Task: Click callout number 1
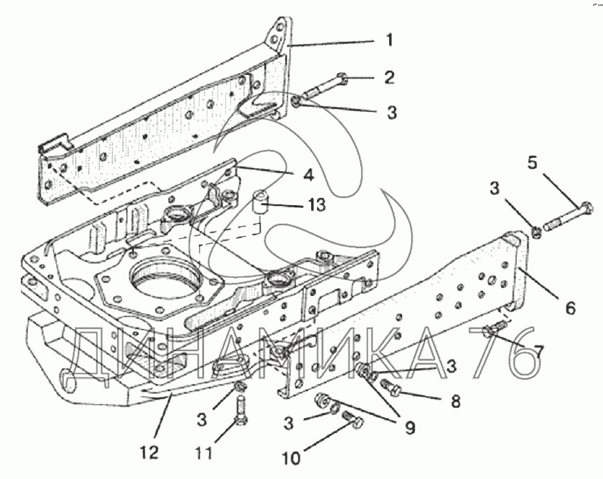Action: tap(390, 40)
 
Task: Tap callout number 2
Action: tap(389, 77)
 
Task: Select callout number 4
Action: tap(309, 174)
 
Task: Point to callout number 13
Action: tap(317, 205)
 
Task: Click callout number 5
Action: tap(532, 162)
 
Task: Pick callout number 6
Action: tap(569, 307)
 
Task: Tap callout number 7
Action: tap(538, 351)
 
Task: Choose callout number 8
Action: tap(455, 401)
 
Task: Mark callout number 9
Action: tap(411, 427)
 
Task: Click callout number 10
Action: tap(291, 458)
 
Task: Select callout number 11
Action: tap(204, 453)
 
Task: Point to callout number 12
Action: tap(149, 452)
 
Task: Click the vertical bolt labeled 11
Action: tap(241, 412)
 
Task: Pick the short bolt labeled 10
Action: tap(353, 420)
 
